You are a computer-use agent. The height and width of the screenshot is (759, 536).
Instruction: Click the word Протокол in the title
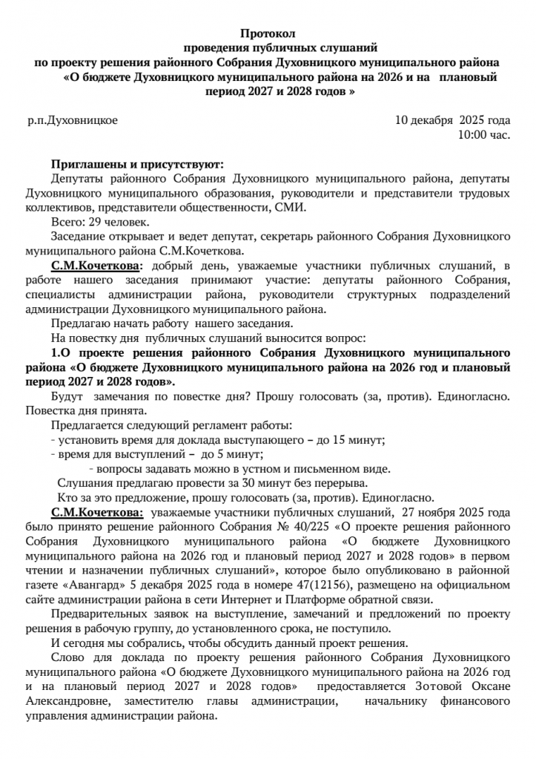pyautogui.click(x=268, y=34)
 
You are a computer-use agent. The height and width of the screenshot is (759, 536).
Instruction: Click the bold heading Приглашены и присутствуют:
pyautogui.click(x=137, y=165)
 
